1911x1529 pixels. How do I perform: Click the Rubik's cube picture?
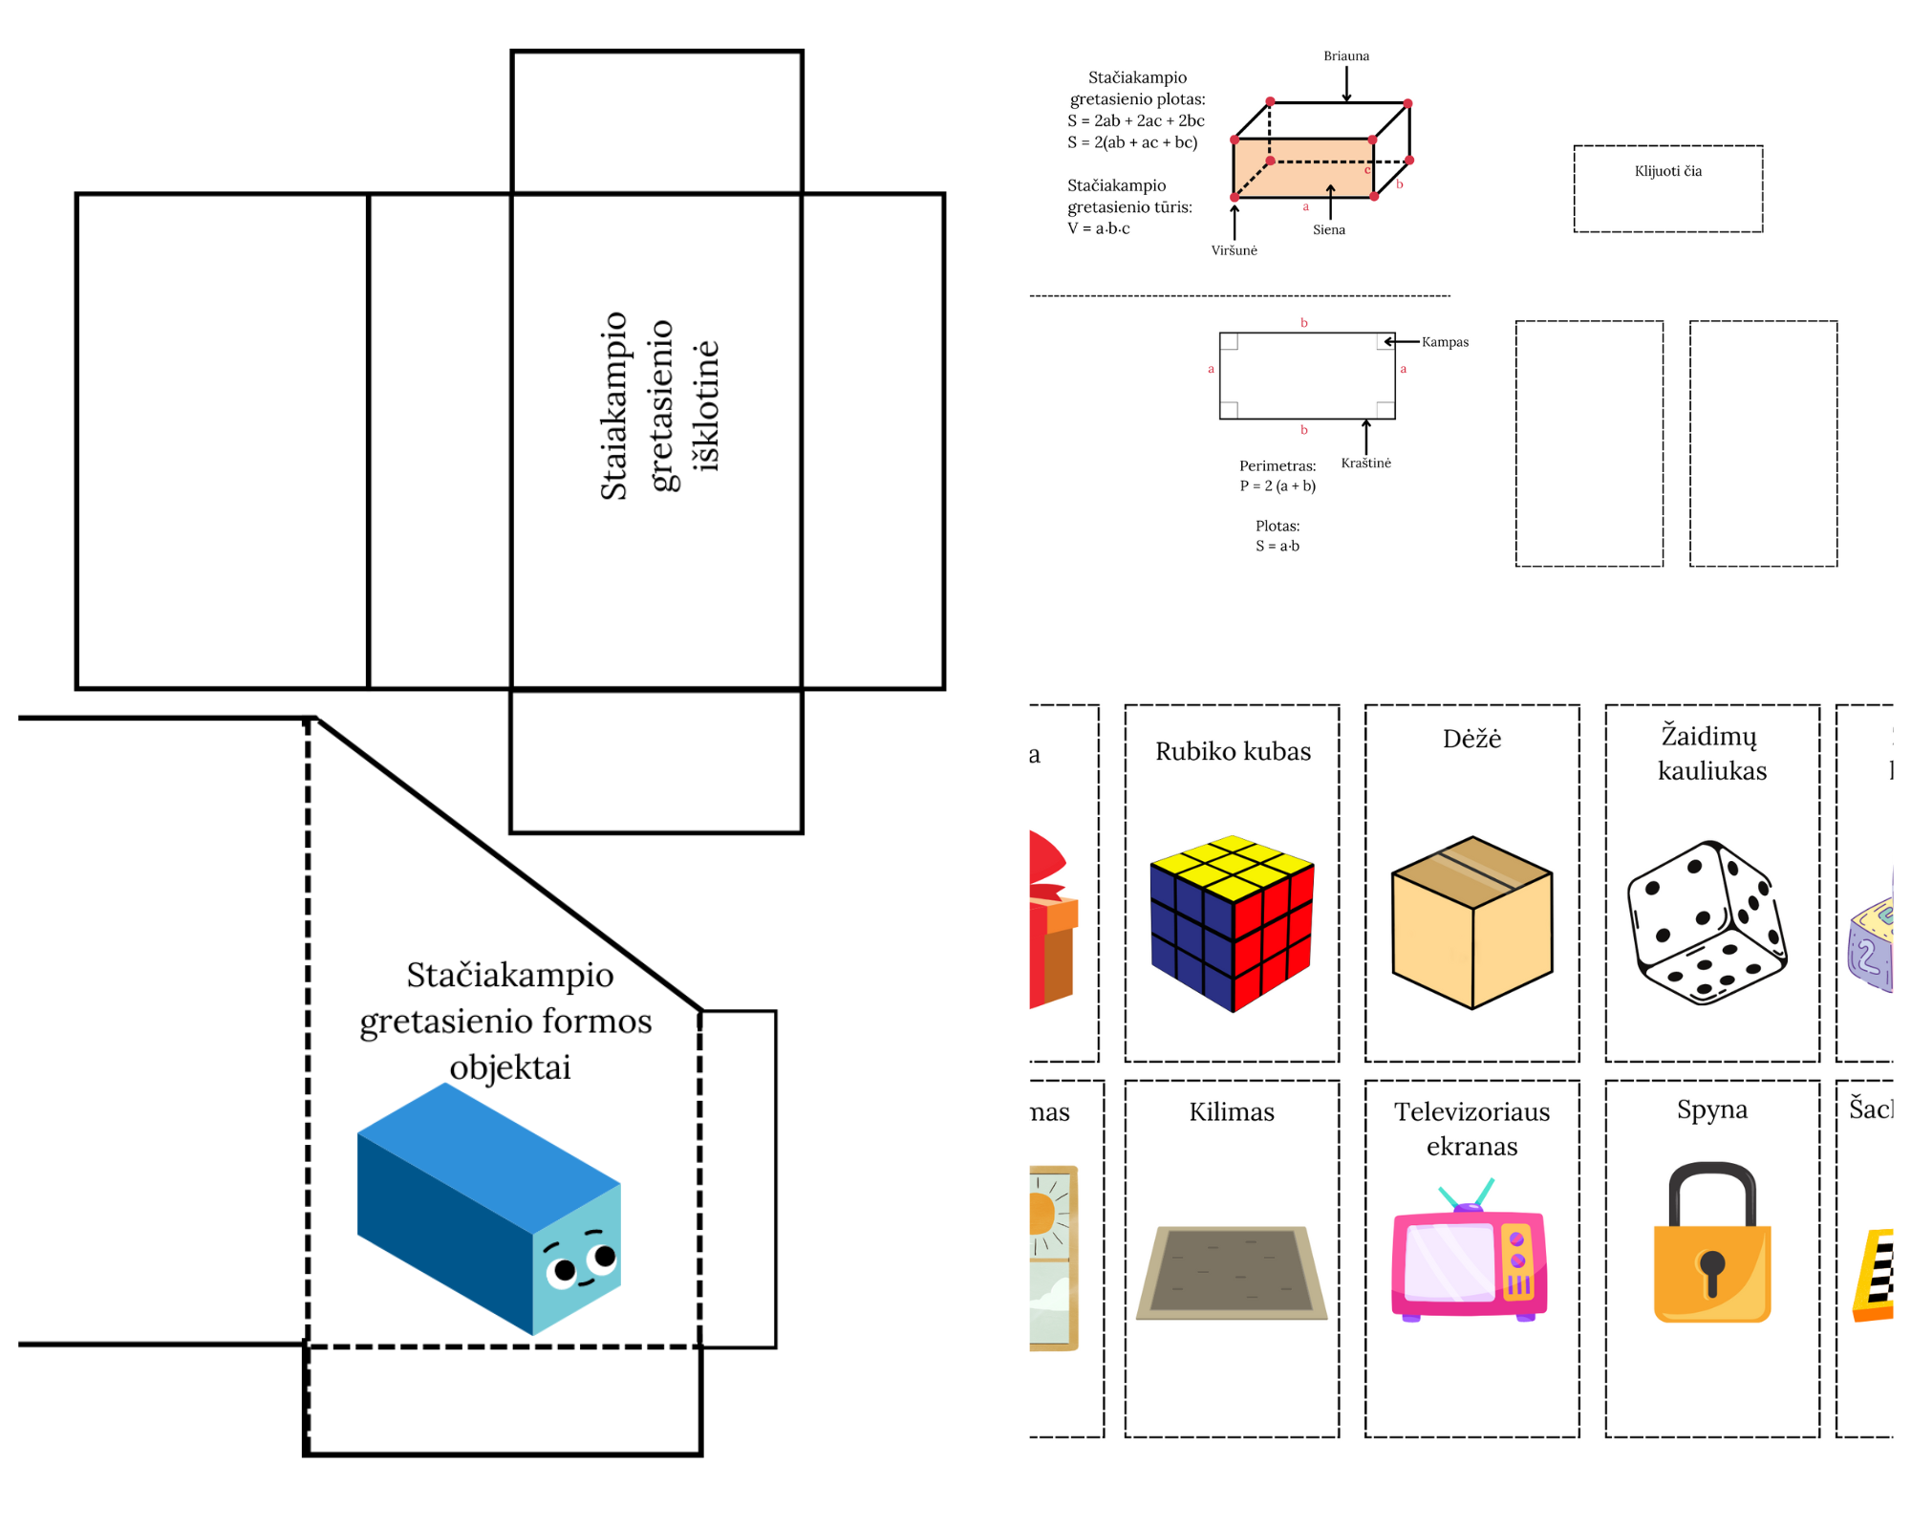[x=1233, y=923]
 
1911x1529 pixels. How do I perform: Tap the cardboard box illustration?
[x=1471, y=923]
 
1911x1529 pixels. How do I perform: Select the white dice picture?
[x=1707, y=923]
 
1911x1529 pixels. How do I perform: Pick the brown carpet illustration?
[x=1232, y=1272]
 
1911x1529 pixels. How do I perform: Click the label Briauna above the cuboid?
[x=1346, y=56]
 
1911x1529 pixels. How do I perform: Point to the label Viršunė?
[x=1234, y=250]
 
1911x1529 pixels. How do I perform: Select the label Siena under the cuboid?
[x=1328, y=229]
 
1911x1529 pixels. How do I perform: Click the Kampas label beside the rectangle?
[x=1445, y=342]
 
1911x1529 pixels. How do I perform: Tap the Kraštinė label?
[x=1365, y=463]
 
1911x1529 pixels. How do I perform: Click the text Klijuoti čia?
[x=1667, y=171]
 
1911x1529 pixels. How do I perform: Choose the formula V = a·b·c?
[x=1099, y=228]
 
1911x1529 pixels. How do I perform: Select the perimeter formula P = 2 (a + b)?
[x=1278, y=485]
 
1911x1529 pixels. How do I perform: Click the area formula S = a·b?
[x=1278, y=546]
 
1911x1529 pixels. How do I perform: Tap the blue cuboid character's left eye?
[x=564, y=1270]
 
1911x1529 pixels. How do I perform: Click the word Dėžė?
[x=1471, y=739]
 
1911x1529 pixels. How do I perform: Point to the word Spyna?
[x=1711, y=1109]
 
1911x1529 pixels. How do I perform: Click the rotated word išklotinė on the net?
[x=706, y=405]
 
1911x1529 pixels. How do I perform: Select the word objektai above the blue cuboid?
[x=510, y=1067]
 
